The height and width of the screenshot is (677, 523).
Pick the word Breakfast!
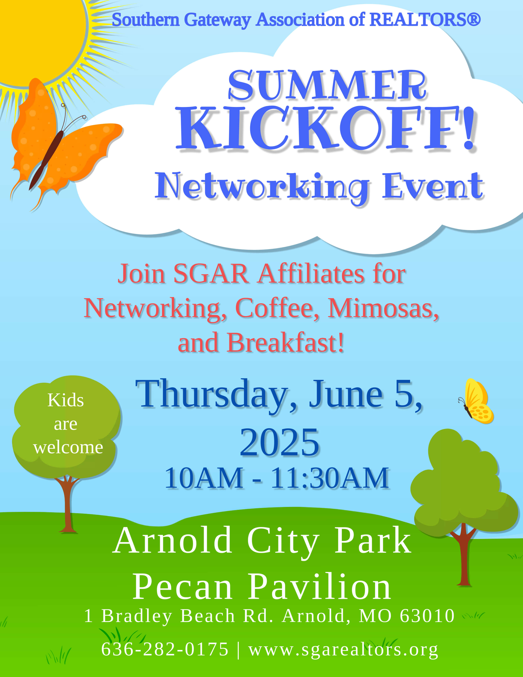(x=286, y=343)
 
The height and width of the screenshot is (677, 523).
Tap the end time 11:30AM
(x=330, y=478)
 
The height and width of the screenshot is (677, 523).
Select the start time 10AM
(x=204, y=478)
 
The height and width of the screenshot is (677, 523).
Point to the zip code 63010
(x=427, y=616)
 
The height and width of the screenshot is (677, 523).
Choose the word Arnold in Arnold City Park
(x=172, y=541)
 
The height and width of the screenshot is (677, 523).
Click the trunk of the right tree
(x=464, y=555)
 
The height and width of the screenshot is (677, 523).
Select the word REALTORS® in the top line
(x=425, y=20)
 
